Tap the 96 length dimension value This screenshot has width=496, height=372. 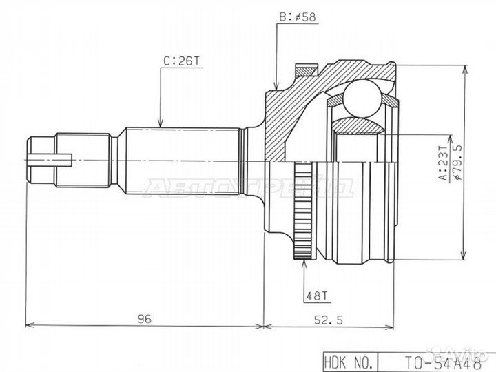[x=143, y=319]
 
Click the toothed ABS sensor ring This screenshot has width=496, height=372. [x=302, y=211]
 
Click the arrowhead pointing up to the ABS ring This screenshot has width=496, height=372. [x=302, y=265]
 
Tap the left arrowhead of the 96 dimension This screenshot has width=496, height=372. [x=29, y=324]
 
